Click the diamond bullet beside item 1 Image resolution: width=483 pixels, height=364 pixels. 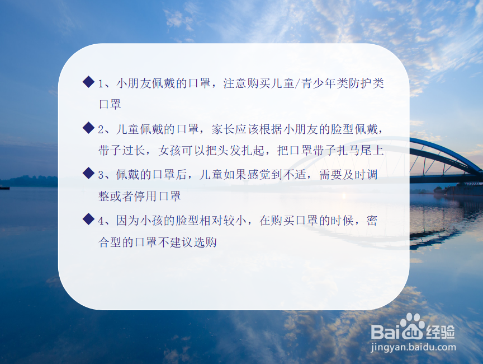point(88,82)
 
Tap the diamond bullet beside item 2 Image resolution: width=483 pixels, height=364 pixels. point(88,128)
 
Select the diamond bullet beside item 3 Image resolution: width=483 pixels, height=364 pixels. point(88,173)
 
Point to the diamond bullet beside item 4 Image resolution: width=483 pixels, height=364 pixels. point(88,219)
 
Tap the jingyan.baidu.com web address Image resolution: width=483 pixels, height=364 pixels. point(413,348)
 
